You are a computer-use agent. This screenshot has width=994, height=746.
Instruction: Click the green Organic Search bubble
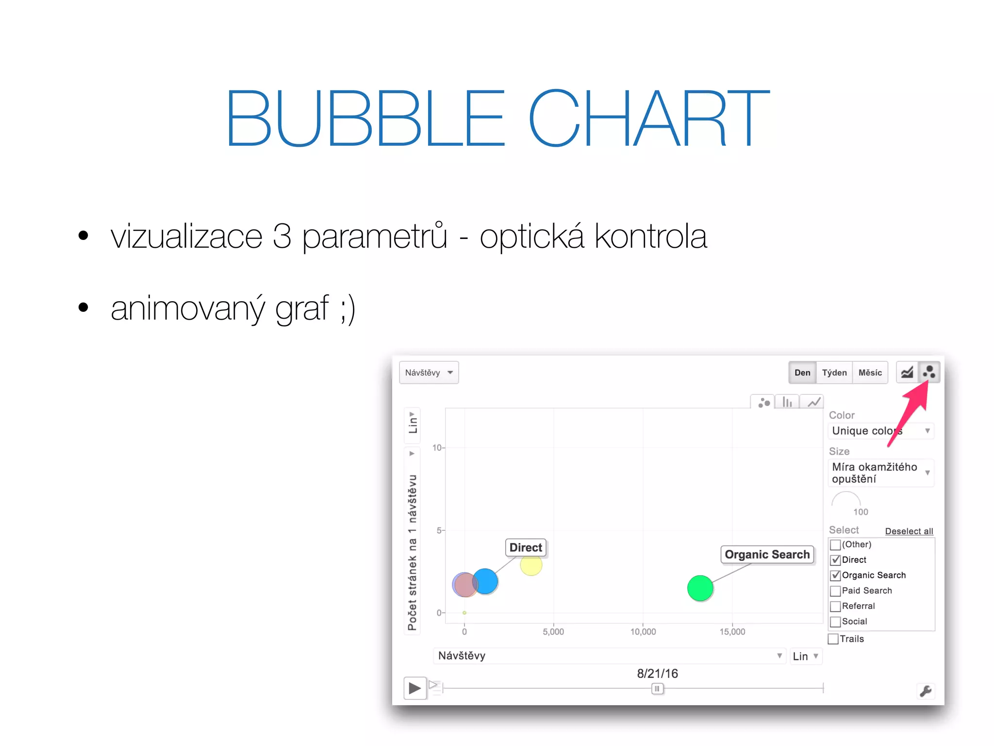coord(700,588)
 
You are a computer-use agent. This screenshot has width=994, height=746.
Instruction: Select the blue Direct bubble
coord(485,581)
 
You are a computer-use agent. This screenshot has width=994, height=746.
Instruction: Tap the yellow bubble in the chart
coord(531,565)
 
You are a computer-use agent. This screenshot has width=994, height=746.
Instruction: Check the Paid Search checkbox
coord(835,591)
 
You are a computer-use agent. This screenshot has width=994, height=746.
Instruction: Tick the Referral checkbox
coord(835,607)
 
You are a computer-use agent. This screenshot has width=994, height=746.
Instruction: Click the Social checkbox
coord(835,622)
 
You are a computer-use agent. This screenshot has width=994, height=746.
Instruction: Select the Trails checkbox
coord(833,639)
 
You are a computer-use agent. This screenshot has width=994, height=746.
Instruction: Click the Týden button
coord(834,373)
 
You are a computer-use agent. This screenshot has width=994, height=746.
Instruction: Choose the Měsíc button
coord(870,373)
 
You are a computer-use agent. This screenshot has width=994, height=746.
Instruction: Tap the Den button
coord(802,373)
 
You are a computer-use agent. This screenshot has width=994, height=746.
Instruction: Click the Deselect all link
coord(909,531)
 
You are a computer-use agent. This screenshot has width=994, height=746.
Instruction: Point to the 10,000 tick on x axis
coord(643,631)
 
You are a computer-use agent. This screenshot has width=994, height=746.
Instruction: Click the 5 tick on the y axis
coord(439,530)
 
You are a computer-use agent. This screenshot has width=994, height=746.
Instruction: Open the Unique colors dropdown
coord(880,431)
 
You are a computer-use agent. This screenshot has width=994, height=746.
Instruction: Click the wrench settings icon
coord(925,691)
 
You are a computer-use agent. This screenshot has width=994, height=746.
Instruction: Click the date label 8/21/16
coord(657,673)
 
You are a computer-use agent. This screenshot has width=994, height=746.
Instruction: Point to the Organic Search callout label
coord(767,554)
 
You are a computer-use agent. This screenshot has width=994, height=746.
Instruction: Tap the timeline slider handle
coord(657,688)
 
